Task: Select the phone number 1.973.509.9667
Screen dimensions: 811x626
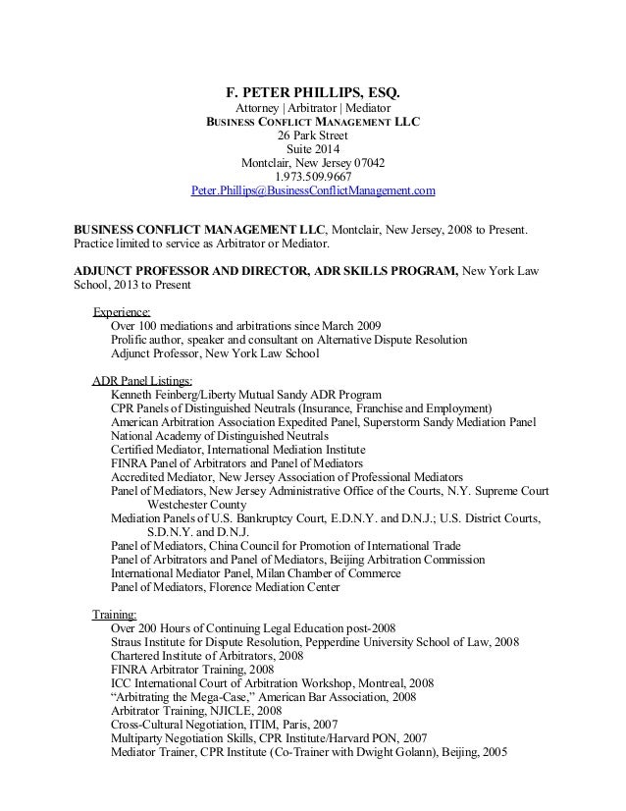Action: click(313, 177)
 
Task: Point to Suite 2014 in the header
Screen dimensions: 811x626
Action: click(313, 150)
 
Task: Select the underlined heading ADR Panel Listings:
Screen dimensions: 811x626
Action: click(142, 381)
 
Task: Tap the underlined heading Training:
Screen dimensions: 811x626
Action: click(115, 615)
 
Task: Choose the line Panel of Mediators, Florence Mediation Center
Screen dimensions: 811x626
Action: click(226, 587)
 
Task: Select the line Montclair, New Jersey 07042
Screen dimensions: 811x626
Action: click(313, 163)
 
